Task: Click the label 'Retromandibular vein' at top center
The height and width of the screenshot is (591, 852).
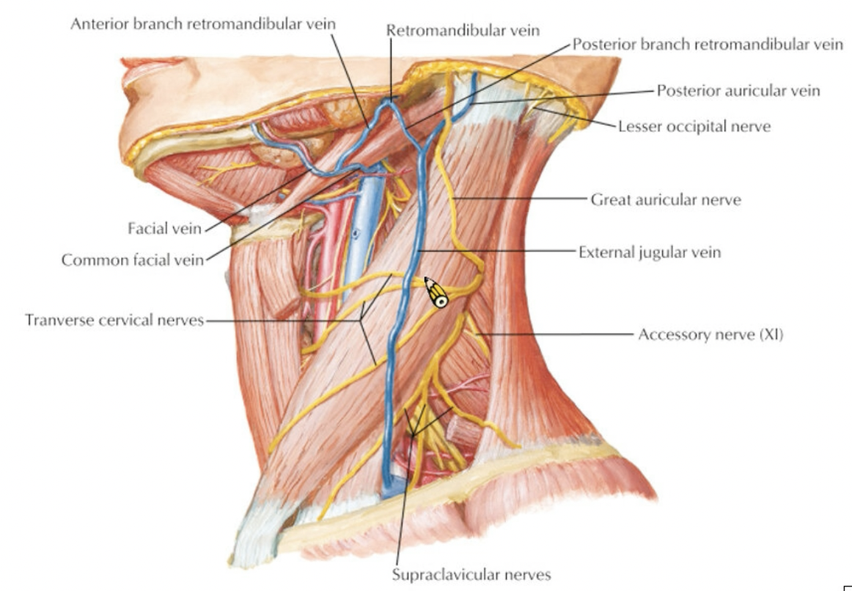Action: (x=463, y=30)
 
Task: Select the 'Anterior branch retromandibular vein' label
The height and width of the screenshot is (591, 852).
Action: (x=202, y=24)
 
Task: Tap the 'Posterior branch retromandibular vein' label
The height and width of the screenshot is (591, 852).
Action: (x=708, y=44)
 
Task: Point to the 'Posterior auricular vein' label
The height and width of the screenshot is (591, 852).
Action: (x=738, y=90)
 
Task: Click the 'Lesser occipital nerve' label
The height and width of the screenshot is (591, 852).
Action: (x=694, y=127)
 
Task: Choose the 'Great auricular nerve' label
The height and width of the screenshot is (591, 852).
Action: (x=666, y=200)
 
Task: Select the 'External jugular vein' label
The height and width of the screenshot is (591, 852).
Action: (x=650, y=252)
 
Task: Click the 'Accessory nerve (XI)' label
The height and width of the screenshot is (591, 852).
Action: (x=710, y=334)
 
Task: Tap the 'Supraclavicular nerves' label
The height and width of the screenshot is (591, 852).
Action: (x=471, y=575)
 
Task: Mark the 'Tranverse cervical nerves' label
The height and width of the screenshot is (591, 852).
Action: (x=114, y=320)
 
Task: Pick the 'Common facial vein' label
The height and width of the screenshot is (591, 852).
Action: (x=133, y=260)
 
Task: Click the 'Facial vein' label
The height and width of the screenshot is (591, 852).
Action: (x=165, y=229)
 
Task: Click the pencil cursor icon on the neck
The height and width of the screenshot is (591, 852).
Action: (x=436, y=293)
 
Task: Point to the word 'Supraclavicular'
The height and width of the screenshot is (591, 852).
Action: (x=447, y=575)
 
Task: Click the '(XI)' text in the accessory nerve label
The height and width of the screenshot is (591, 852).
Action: (x=771, y=334)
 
